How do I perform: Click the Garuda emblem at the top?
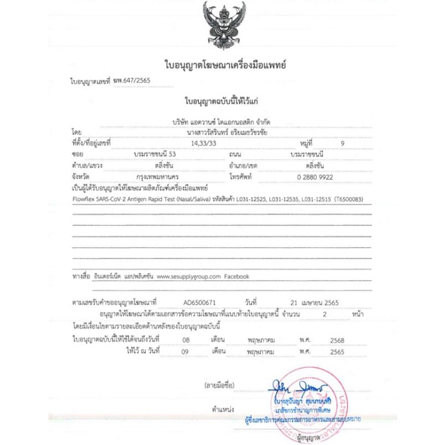pyautogui.click(x=222, y=26)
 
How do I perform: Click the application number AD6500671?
pyautogui.click(x=200, y=302)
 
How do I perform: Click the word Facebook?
pyautogui.click(x=236, y=276)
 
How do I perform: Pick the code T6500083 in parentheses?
pyautogui.click(x=347, y=198)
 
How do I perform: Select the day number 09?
pyautogui.click(x=185, y=351)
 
